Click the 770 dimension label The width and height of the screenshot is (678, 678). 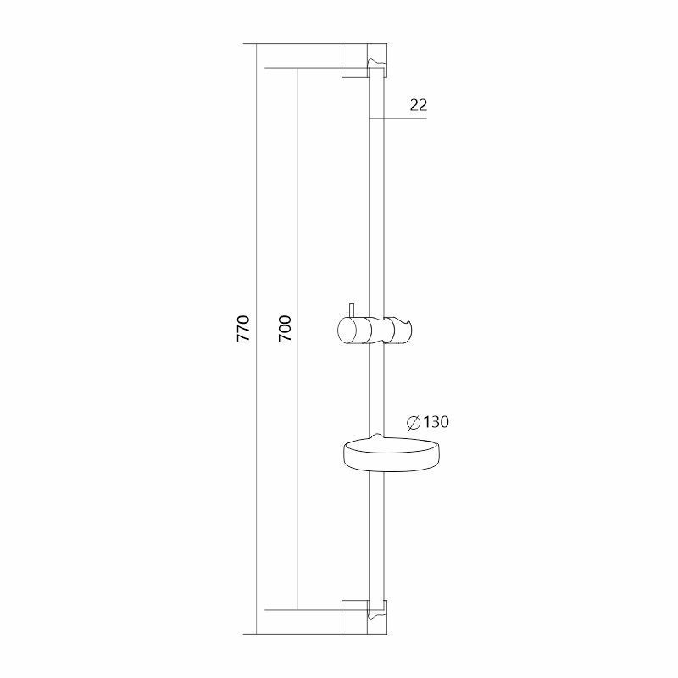tap(243, 328)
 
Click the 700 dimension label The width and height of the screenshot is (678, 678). tap(285, 328)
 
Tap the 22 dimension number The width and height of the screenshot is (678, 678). tap(419, 104)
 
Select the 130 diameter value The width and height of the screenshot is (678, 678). tap(436, 421)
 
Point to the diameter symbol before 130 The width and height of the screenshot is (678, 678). tap(414, 422)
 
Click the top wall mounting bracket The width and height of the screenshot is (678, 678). tap(364, 60)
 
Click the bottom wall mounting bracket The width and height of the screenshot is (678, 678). tap(364, 617)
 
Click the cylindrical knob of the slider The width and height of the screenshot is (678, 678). tap(353, 331)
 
